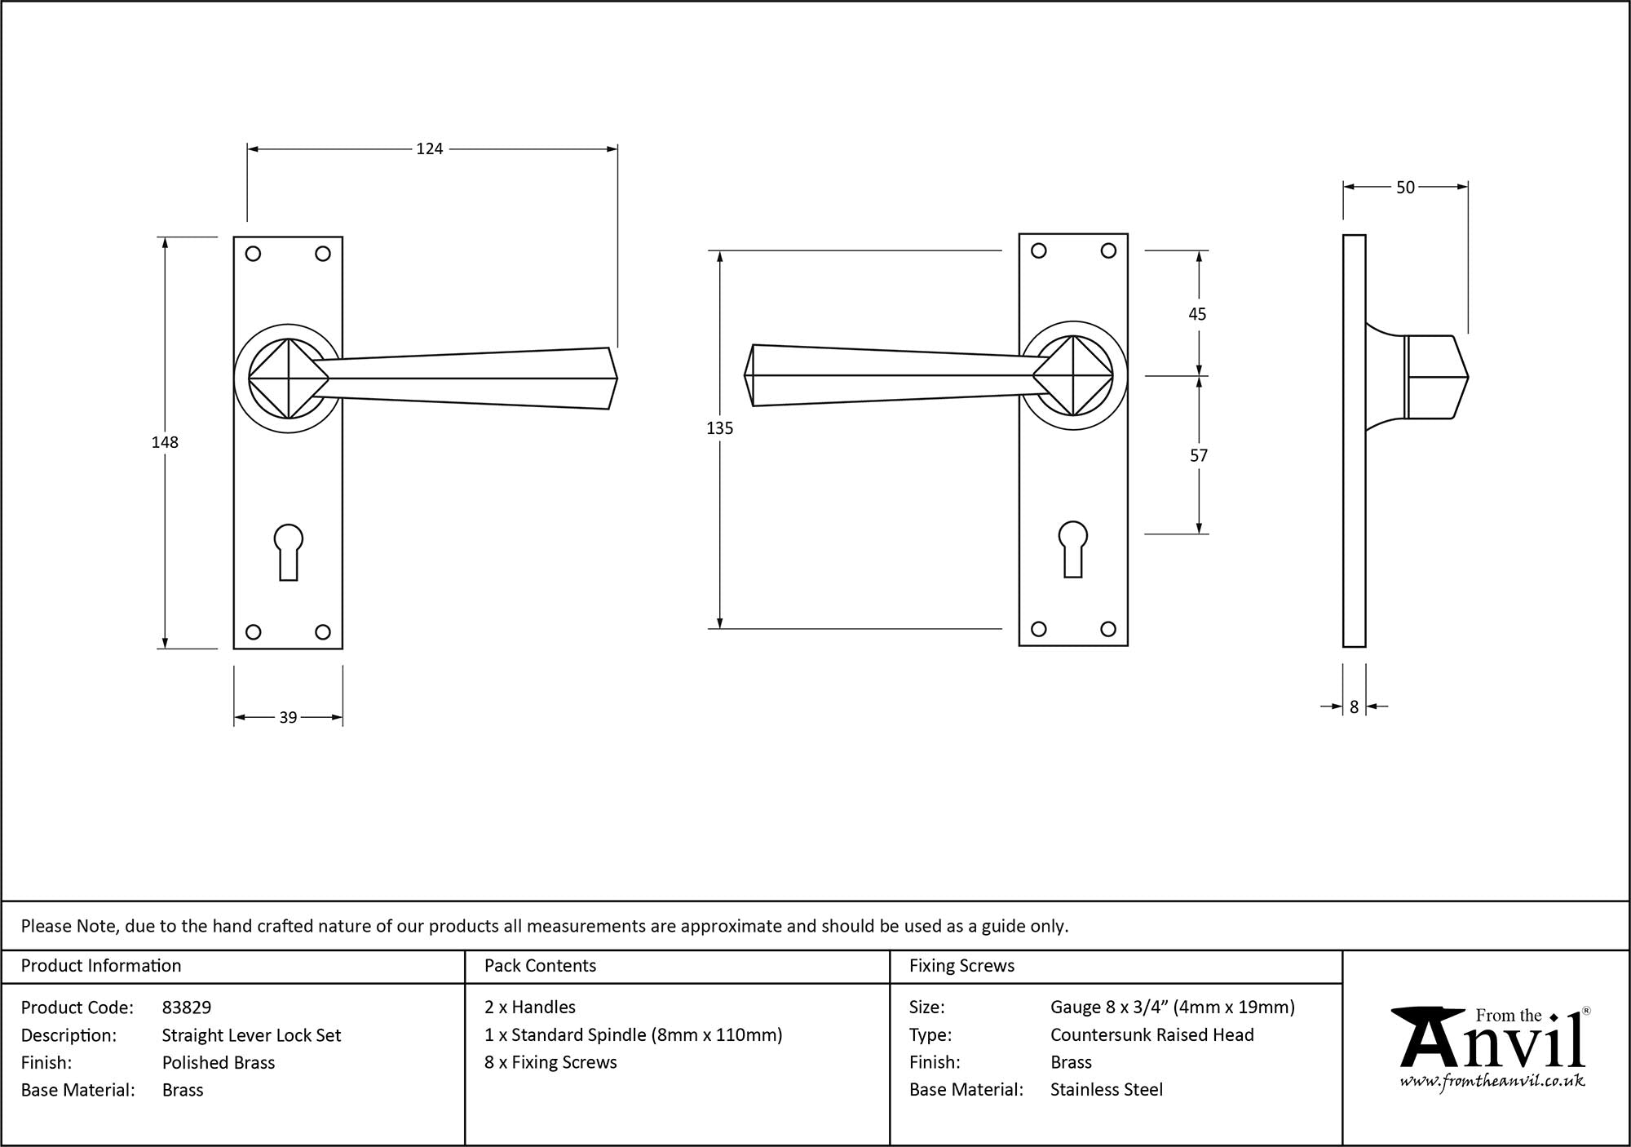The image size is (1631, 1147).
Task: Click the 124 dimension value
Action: pyautogui.click(x=430, y=148)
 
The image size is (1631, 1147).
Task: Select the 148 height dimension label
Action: pyautogui.click(x=165, y=442)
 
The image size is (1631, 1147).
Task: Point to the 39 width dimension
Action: pyautogui.click(x=288, y=718)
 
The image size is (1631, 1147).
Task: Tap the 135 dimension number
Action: pyautogui.click(x=720, y=428)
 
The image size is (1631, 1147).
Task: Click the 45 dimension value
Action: pyautogui.click(x=1197, y=314)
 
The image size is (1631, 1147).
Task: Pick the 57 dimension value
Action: pyautogui.click(x=1198, y=456)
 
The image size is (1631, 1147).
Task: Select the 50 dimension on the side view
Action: pyautogui.click(x=1405, y=188)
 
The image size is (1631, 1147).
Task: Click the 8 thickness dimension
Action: pyautogui.click(x=1355, y=707)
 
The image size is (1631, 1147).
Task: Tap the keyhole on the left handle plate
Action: pyautogui.click(x=288, y=551)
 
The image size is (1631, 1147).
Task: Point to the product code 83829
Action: pyautogui.click(x=187, y=1007)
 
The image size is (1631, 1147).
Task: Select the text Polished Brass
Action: pyautogui.click(x=219, y=1062)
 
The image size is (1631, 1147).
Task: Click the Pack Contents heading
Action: pyautogui.click(x=540, y=966)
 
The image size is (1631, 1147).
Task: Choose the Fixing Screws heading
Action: pyautogui.click(x=961, y=966)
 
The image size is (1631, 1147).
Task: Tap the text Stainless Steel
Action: pyautogui.click(x=1107, y=1089)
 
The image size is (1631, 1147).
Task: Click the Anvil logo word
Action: pyautogui.click(x=1492, y=1044)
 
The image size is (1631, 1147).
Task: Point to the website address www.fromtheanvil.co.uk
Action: pyautogui.click(x=1492, y=1082)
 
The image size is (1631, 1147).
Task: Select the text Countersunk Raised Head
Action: pyautogui.click(x=1151, y=1034)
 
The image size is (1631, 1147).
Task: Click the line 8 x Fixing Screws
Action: pyautogui.click(x=550, y=1062)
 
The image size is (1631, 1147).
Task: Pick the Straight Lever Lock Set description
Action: pyautogui.click(x=251, y=1035)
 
